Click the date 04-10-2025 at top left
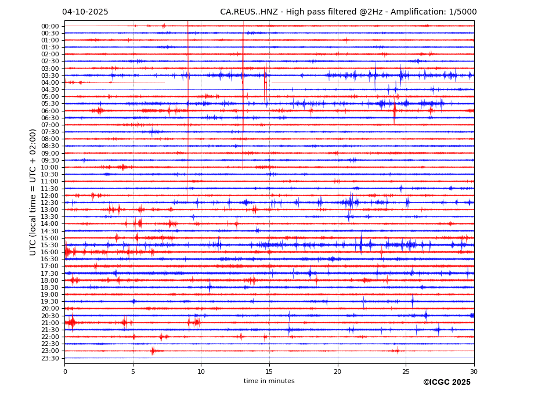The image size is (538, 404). point(85,12)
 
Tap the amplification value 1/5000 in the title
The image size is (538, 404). point(463,12)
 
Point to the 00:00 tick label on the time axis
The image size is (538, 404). point(50,26)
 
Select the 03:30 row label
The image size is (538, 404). point(50,75)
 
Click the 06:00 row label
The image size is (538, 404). point(50,111)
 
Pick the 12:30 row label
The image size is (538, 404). point(50,203)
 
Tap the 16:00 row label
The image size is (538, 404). point(50,252)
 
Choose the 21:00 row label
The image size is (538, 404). point(50,323)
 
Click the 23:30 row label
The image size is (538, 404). point(50,358)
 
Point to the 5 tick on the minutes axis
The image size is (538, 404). point(133,371)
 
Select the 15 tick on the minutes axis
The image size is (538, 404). point(269,371)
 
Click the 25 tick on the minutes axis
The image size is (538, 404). point(406,371)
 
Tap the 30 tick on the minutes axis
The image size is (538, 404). point(474,371)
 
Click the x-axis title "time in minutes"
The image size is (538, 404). point(269,381)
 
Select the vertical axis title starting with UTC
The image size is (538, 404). point(33,192)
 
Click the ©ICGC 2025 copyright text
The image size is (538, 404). point(446,383)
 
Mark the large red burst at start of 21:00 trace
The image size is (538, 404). point(71,322)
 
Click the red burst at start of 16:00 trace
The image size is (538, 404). point(67,252)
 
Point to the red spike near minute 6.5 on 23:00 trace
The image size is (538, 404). point(153,351)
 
